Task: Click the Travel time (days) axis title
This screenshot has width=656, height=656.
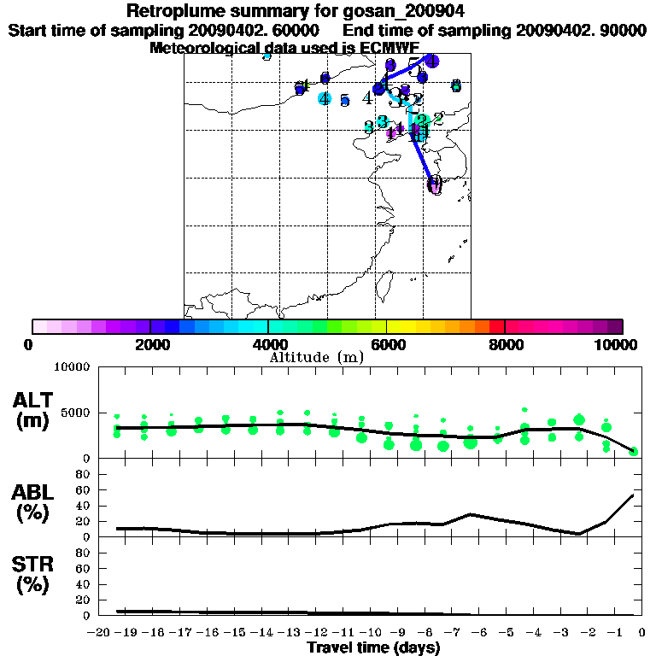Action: (x=373, y=647)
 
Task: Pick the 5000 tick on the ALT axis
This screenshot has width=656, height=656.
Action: (x=76, y=413)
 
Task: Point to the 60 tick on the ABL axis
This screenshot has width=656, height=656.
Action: (x=84, y=489)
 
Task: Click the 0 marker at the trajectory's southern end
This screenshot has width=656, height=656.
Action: (x=435, y=184)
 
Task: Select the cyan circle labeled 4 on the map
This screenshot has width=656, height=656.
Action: (x=324, y=98)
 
